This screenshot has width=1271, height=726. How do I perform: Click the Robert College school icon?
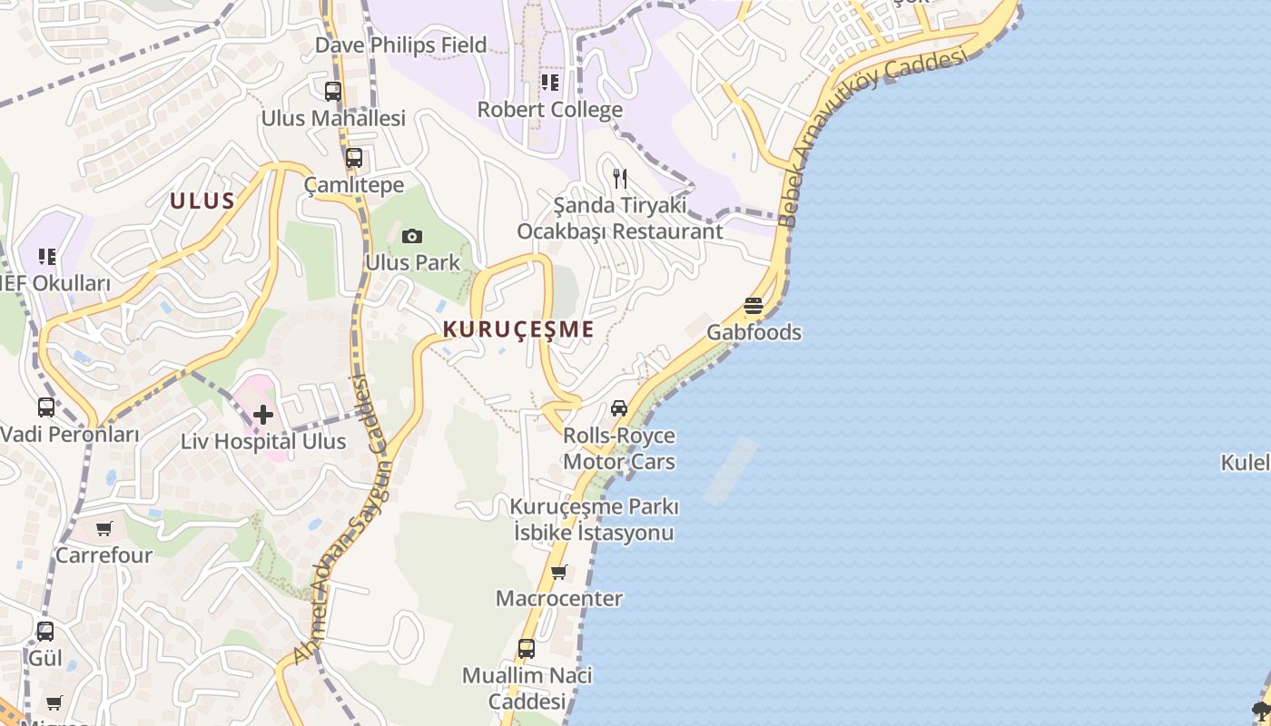point(550,83)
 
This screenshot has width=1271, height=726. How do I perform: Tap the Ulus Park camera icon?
point(412,237)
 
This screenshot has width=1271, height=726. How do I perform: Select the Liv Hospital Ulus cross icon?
point(263,415)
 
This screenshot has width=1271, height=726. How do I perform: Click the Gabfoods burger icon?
point(754,306)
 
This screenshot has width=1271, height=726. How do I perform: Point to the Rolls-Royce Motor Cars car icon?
point(619,408)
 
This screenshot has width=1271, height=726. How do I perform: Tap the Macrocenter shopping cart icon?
point(559,572)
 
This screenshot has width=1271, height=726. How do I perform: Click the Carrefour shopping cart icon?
point(104,528)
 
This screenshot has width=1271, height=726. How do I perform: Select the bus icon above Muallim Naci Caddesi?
point(527,648)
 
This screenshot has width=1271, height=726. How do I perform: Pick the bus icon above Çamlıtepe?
point(354,158)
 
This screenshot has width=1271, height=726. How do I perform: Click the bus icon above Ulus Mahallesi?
point(333,91)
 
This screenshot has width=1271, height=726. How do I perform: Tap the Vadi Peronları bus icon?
point(46,407)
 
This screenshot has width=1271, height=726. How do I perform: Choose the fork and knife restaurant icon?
point(620,178)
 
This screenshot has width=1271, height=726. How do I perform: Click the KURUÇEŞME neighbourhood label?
point(518,329)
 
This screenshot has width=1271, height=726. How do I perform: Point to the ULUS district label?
point(202,201)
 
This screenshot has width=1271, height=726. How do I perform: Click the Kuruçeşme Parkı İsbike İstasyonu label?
point(595,519)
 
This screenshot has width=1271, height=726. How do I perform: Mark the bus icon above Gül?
point(45,631)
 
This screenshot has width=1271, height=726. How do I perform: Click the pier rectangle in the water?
point(731,470)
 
